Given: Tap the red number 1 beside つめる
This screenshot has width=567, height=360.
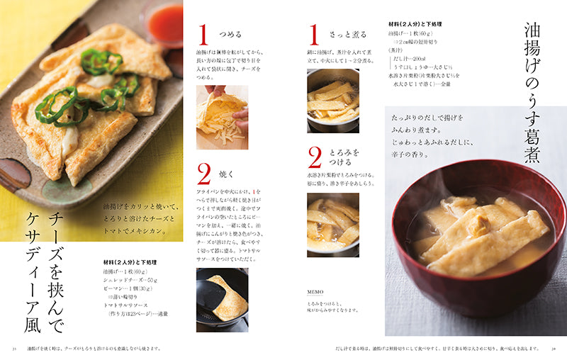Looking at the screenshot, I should (x=203, y=35).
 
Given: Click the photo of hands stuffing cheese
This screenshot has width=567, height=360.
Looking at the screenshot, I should (x=222, y=117).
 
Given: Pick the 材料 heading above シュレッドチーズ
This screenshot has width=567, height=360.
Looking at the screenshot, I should (x=130, y=262).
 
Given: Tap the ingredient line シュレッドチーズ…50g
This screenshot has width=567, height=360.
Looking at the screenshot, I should (x=133, y=280).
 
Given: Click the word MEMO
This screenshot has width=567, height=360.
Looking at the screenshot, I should (x=315, y=292).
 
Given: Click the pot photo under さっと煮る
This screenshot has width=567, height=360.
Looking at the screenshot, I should (x=332, y=101).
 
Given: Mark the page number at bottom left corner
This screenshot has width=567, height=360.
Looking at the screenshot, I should (x=13, y=348).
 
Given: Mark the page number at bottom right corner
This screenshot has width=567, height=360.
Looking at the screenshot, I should (x=554, y=348).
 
